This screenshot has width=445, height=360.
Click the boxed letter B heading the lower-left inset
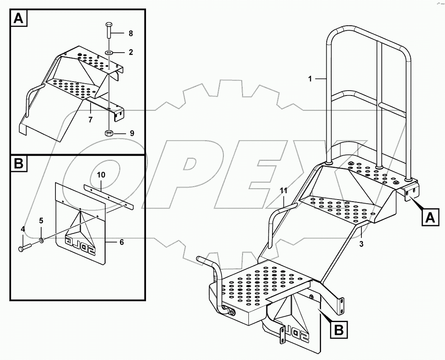(x=18, y=164)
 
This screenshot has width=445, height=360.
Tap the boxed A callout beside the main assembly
(x=430, y=217)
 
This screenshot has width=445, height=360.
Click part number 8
(x=130, y=33)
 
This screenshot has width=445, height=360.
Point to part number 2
(x=130, y=52)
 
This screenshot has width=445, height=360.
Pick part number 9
(x=132, y=133)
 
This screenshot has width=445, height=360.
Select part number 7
(x=91, y=120)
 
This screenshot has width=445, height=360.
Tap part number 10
(x=101, y=175)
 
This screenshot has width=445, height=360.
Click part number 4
(x=23, y=229)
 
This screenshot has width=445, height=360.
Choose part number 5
(x=41, y=221)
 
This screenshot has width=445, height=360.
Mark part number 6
(x=122, y=242)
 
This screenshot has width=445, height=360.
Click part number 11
(x=284, y=190)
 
